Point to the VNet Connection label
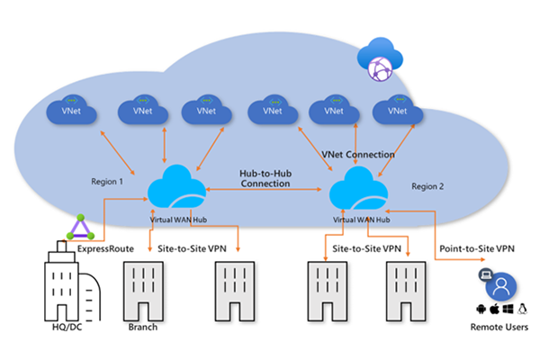358,155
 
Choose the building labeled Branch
143,290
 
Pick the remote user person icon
499,287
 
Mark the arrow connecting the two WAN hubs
265,191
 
